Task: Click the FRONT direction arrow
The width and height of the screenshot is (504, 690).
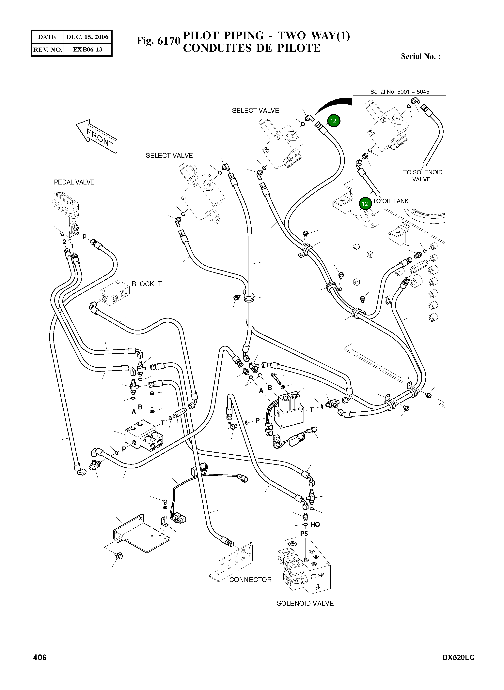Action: tap(96, 136)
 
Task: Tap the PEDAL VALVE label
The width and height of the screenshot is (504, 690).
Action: tap(74, 182)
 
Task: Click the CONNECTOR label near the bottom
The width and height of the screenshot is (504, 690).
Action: tap(250, 580)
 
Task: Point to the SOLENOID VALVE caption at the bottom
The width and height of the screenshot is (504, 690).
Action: tap(305, 603)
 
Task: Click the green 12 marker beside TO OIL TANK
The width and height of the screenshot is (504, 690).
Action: tap(365, 204)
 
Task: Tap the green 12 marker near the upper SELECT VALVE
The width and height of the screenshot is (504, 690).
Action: tap(333, 121)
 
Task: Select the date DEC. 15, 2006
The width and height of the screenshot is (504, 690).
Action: tap(87, 37)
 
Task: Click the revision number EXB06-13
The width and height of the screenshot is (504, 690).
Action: tap(87, 49)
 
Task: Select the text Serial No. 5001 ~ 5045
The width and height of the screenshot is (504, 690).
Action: tap(400, 92)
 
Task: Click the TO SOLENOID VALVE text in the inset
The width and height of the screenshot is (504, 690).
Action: tap(423, 176)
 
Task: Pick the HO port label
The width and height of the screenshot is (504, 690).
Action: tap(315, 524)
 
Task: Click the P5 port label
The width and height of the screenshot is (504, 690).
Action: tap(304, 534)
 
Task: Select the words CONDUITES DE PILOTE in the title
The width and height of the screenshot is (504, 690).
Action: tap(252, 48)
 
